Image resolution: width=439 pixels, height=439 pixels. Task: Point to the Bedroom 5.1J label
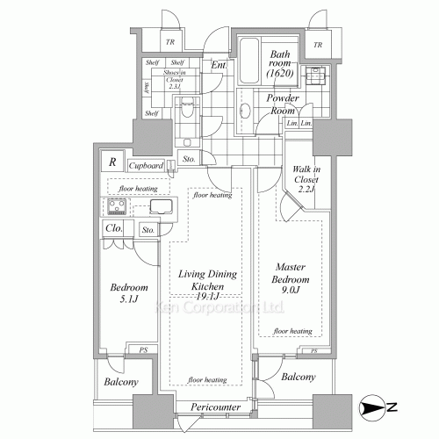[129, 294]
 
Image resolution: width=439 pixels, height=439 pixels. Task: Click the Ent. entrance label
[219, 64]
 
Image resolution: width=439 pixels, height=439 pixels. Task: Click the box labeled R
[112, 162]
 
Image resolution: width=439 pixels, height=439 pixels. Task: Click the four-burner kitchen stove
[118, 208]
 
